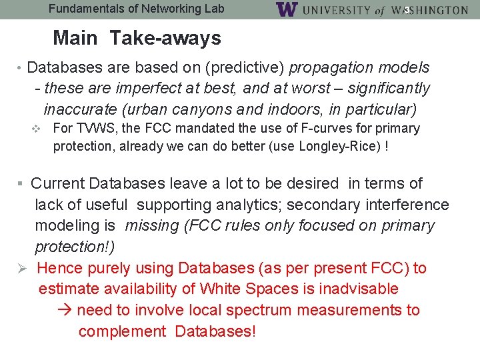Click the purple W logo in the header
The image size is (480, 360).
pos(286,9)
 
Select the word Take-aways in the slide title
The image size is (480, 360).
pos(165,38)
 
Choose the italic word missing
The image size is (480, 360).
pos(151,226)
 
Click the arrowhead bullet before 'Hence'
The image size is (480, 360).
pos(23,268)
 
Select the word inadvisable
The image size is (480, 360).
pos(358,289)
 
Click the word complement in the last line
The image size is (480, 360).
pos(122,331)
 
